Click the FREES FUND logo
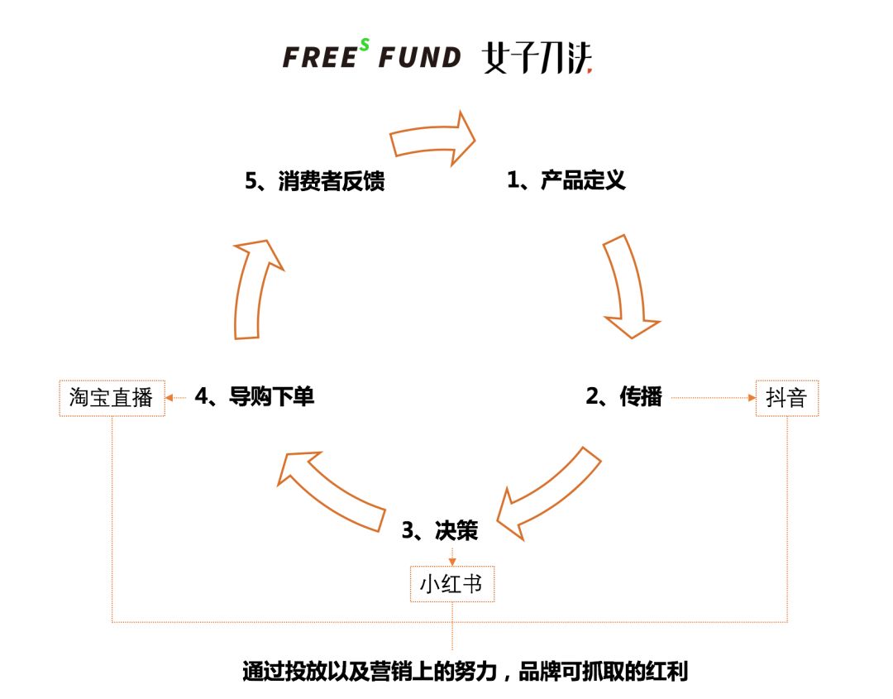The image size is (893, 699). (371, 56)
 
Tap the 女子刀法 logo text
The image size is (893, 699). (537, 57)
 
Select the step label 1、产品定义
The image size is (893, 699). (566, 180)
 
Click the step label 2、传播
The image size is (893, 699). (624, 396)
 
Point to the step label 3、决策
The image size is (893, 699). (440, 530)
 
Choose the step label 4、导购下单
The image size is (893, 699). (255, 396)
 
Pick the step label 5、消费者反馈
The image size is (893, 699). (315, 180)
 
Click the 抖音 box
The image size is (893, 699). (786, 398)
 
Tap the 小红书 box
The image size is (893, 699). (451, 584)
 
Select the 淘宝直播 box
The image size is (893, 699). (112, 398)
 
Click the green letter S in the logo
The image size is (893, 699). (364, 45)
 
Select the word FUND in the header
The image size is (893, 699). (419, 57)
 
